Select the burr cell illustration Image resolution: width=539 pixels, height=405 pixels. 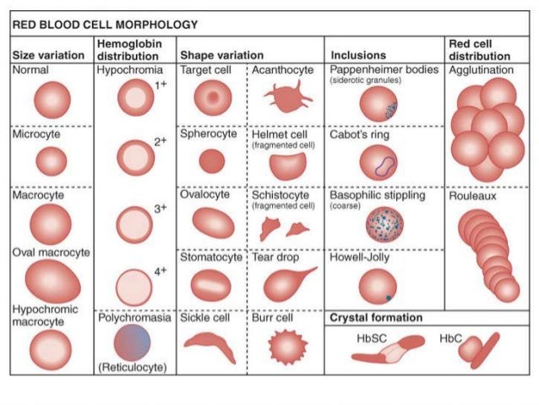284,347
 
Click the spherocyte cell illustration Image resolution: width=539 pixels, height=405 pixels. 211,161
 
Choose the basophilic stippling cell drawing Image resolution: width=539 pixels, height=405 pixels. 384,225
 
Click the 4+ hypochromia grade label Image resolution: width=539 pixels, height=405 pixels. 161,271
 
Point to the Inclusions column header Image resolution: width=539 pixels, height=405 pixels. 357,56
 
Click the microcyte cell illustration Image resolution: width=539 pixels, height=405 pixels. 51,161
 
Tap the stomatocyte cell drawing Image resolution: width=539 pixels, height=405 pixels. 211,284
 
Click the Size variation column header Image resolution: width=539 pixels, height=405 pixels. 48,56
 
